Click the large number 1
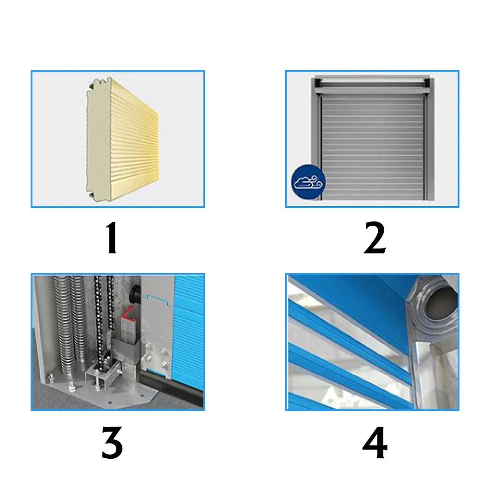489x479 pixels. [x=111, y=238]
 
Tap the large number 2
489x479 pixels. [x=375, y=238]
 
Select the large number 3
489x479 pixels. [x=112, y=442]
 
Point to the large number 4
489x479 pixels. [x=375, y=442]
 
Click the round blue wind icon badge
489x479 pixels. [x=308, y=182]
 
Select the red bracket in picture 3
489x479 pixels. [x=128, y=314]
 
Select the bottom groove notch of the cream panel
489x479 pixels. [x=93, y=195]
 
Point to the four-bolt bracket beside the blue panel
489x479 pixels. [x=155, y=358]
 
